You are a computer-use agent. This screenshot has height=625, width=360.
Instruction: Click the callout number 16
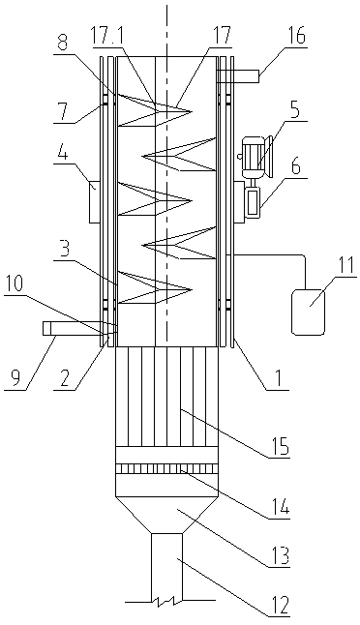click(294, 37)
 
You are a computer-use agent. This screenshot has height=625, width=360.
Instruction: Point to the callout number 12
click(278, 606)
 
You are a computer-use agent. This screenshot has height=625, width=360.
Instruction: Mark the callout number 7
click(64, 113)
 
